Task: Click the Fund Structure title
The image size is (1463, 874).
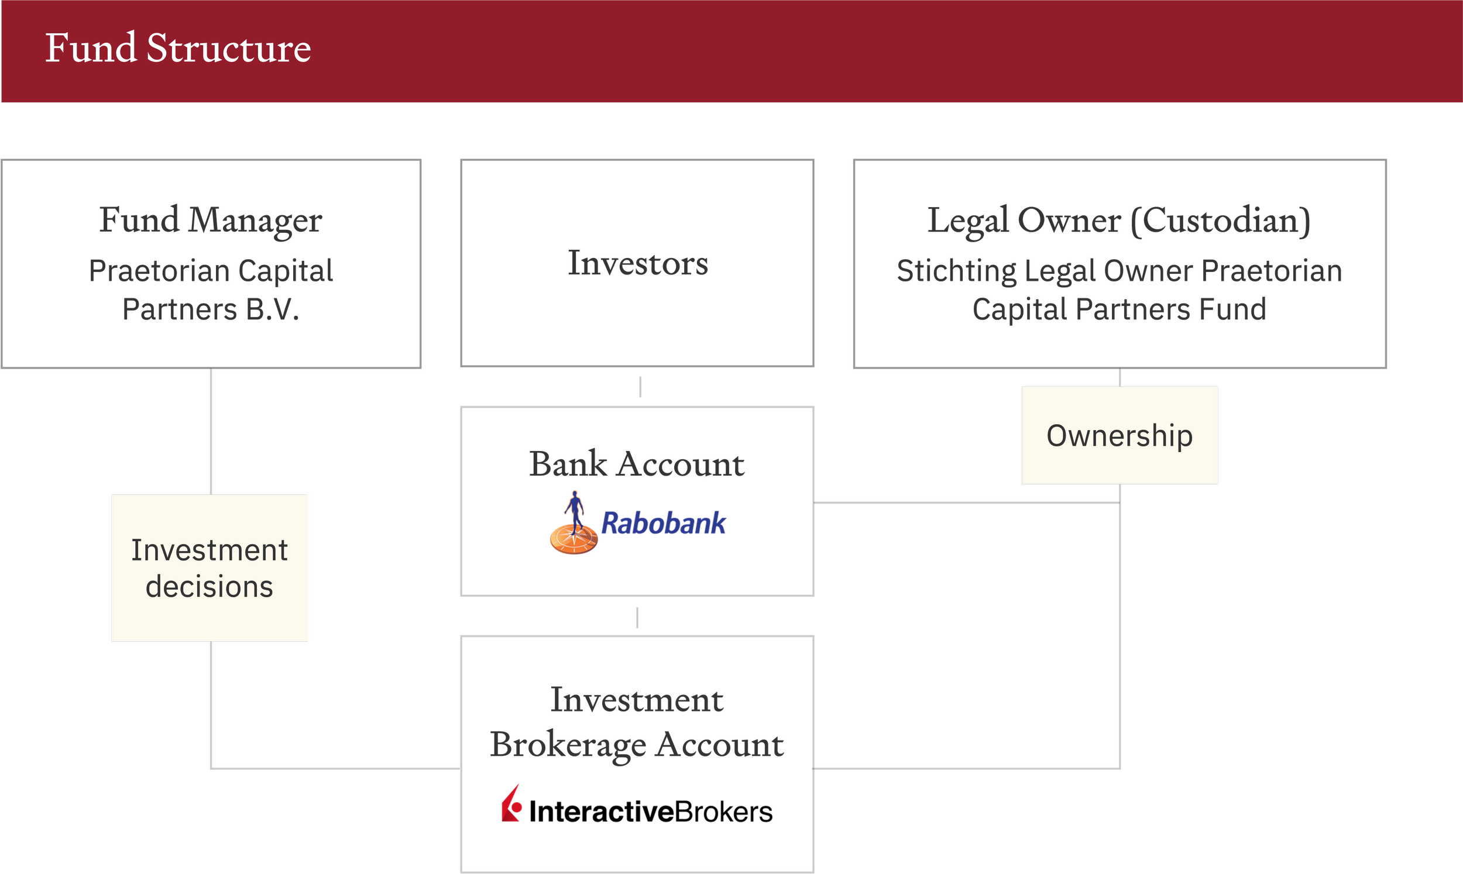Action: [x=178, y=48]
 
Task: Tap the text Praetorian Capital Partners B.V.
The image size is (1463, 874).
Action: [x=211, y=290]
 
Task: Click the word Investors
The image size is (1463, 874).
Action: [x=638, y=263]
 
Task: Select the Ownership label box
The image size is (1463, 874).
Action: [x=1119, y=435]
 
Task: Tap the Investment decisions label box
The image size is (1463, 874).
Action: [x=210, y=567]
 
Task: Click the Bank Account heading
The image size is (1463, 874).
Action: [x=637, y=463]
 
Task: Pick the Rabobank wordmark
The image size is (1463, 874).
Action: [x=663, y=524]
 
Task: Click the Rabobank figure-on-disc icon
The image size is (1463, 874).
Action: [x=573, y=523]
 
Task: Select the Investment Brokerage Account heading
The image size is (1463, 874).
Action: [x=637, y=723]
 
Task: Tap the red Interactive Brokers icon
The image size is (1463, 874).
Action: [x=511, y=803]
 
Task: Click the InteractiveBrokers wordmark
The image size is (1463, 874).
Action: [x=651, y=811]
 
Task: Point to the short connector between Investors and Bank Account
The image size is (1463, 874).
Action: [x=640, y=387]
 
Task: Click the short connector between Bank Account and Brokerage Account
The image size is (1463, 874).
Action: [x=637, y=618]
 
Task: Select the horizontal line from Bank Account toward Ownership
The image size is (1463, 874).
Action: [x=967, y=503]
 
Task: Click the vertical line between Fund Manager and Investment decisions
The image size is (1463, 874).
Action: [x=211, y=432]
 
